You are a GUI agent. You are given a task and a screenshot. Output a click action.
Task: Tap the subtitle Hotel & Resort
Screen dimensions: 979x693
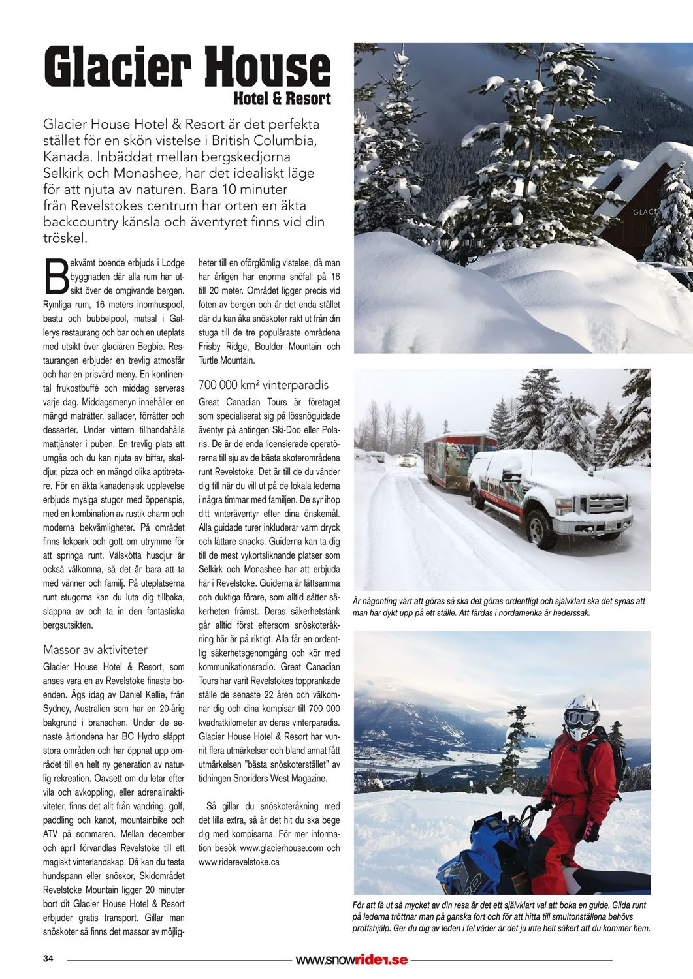point(282,99)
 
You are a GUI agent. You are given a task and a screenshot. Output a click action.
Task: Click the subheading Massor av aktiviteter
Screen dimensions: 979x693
point(95,649)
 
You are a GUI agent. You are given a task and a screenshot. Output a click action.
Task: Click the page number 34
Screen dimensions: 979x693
point(48,959)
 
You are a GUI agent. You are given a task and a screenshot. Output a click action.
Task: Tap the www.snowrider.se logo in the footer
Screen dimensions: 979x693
point(351,959)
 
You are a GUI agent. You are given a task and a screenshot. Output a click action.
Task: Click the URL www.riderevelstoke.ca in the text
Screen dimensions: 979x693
point(239,862)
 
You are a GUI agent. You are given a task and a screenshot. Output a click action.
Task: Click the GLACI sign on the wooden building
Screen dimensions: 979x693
point(644,212)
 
